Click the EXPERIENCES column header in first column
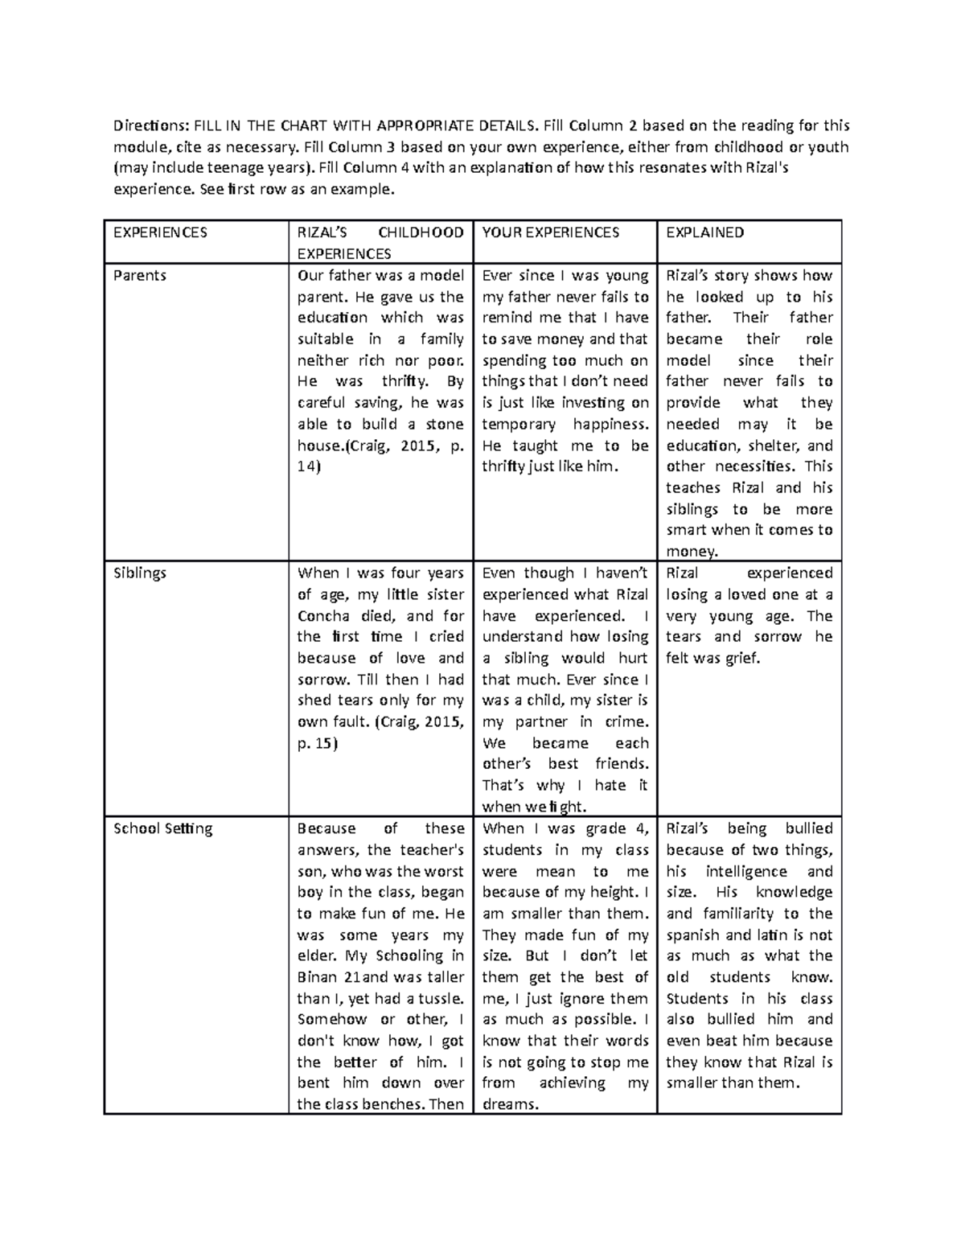click(160, 232)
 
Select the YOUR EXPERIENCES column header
click(551, 232)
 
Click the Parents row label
click(140, 275)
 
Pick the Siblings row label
click(140, 573)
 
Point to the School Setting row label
click(163, 828)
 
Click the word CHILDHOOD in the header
click(421, 232)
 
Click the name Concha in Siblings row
click(323, 616)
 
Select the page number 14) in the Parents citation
click(308, 466)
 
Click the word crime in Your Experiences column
click(625, 722)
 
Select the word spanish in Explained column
click(693, 935)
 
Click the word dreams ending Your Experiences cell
click(508, 1104)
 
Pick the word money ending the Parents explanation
click(690, 552)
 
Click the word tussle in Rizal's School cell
click(439, 998)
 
